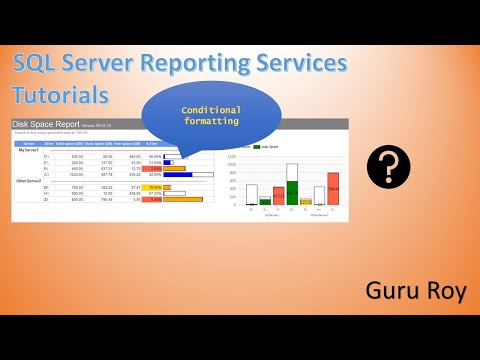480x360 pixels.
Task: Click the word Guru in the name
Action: [386, 292]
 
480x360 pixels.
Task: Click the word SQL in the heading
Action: [37, 64]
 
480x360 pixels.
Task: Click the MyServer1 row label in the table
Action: [28, 150]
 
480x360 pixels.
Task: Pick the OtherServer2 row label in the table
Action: [29, 181]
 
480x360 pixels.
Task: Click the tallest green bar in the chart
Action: [292, 182]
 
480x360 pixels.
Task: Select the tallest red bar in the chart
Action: [333, 188]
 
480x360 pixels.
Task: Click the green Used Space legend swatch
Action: [257, 146]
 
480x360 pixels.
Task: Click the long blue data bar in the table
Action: [177, 174]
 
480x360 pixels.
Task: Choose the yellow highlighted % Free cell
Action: [153, 187]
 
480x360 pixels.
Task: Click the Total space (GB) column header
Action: [69, 144]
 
